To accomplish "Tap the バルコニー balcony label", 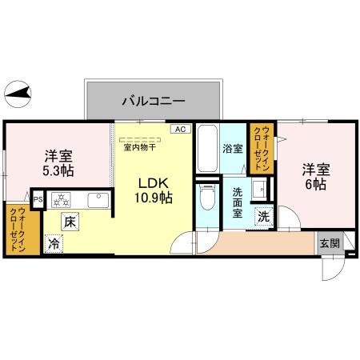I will pos(154,102).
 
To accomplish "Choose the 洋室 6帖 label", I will pos(314,176).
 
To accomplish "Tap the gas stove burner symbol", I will pos(62,199).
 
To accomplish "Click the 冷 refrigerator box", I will pos(53,242).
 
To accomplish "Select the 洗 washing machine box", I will pos(263,216).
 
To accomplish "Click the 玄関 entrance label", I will pos(329,243).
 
